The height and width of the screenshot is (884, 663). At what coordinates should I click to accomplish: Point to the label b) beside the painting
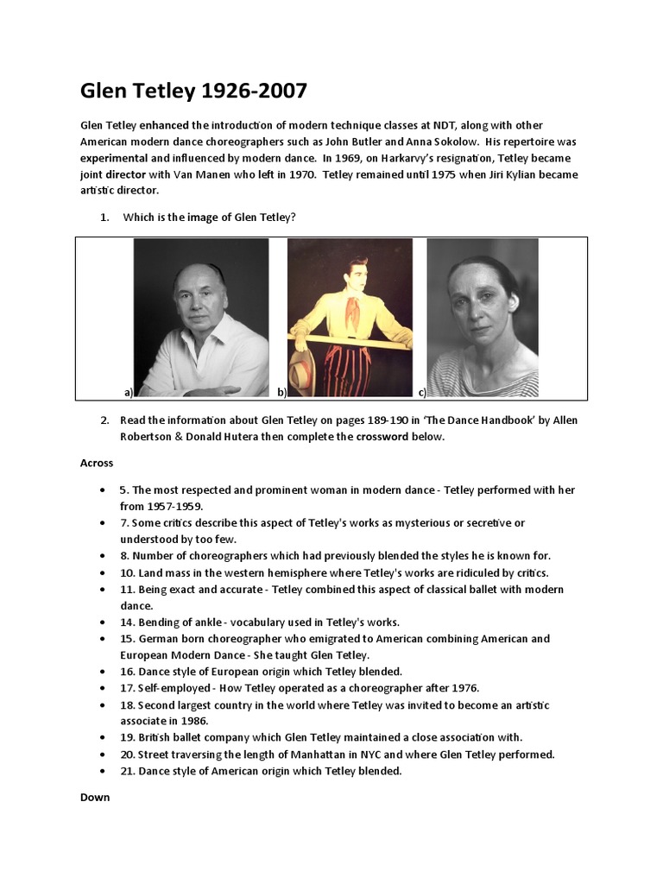click(281, 392)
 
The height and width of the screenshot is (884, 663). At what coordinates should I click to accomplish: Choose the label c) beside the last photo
click(422, 392)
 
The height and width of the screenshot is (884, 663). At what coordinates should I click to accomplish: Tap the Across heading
click(97, 463)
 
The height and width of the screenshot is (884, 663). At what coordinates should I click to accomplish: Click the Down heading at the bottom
click(95, 797)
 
